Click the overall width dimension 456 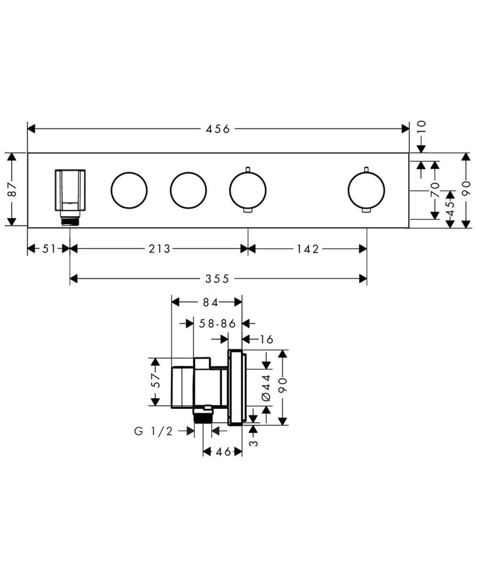tap(218, 129)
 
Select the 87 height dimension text tap(13, 189)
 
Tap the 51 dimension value tap(48, 249)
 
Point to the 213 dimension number tap(159, 249)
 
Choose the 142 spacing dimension tap(307, 249)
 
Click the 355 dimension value tap(218, 278)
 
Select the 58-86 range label tap(218, 324)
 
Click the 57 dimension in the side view tap(155, 381)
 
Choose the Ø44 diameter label tap(266, 387)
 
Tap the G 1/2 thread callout tap(153, 431)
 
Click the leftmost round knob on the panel tap(129, 190)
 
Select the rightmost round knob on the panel tap(366, 190)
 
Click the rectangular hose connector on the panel tap(70, 190)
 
